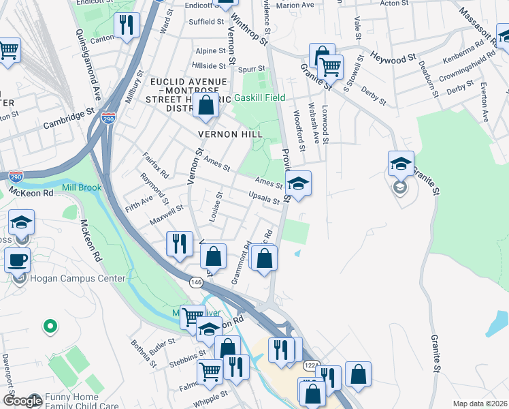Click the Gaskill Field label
(x=259, y=97)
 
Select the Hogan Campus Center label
(x=77, y=278)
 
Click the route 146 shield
(x=196, y=282)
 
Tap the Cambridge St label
(x=68, y=117)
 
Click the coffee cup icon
(x=17, y=260)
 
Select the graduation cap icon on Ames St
(x=297, y=183)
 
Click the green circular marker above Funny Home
(x=49, y=327)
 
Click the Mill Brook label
(x=82, y=187)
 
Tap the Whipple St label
(x=210, y=397)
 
